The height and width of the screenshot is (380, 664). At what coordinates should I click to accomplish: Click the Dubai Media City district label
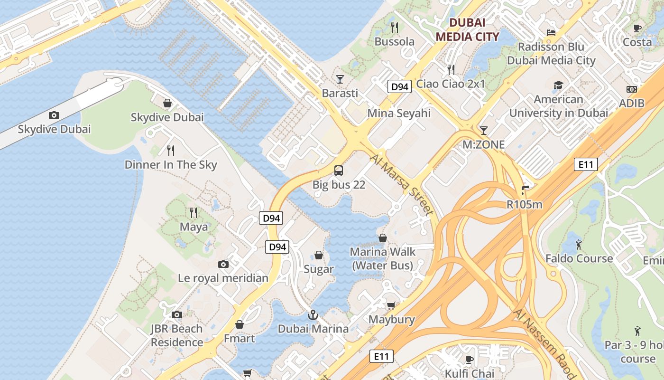[x=467, y=29]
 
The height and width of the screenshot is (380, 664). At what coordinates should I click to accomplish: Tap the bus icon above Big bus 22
[x=339, y=171]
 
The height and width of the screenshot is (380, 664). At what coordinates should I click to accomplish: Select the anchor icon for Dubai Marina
[x=313, y=315]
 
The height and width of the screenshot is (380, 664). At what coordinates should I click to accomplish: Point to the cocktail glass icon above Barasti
[x=340, y=79]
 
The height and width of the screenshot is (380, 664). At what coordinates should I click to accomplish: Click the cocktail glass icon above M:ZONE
[x=484, y=130]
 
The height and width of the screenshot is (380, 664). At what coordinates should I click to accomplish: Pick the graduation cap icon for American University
[x=558, y=85]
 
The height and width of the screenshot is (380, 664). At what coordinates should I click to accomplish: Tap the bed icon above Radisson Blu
[x=551, y=33]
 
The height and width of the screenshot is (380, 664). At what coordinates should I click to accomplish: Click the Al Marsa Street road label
[x=402, y=184]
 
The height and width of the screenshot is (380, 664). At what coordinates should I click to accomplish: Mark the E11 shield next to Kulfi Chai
[x=381, y=356]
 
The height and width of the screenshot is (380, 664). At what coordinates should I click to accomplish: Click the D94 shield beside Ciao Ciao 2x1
[x=399, y=86]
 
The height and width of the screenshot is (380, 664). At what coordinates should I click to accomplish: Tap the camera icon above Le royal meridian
[x=223, y=264]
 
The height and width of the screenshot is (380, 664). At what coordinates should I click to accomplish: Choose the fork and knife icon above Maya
[x=194, y=212]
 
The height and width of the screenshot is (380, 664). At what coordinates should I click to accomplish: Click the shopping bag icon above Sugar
[x=319, y=256]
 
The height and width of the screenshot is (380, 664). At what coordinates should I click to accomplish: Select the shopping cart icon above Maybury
[x=391, y=305]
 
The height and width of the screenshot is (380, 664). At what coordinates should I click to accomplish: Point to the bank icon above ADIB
[x=632, y=89]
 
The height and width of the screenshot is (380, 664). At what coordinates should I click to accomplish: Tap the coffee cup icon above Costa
[x=637, y=28]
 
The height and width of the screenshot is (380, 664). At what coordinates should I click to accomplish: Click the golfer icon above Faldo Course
[x=579, y=245]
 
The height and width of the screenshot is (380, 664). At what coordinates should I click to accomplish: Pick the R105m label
[x=524, y=205]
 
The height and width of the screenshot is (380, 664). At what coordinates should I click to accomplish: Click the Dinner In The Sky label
[x=171, y=165]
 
